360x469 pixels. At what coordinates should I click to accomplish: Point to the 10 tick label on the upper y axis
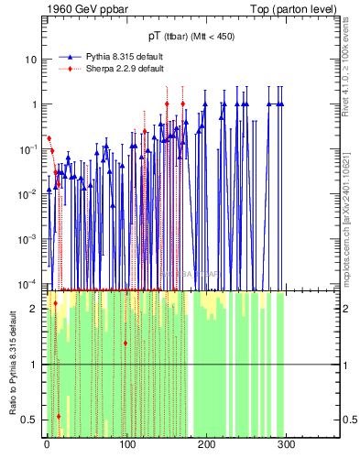tap(30, 60)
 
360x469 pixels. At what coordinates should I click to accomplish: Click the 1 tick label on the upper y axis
tap(33, 104)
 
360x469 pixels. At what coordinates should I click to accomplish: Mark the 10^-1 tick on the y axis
tap(28, 148)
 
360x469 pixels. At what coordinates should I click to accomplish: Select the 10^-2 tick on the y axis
tap(28, 193)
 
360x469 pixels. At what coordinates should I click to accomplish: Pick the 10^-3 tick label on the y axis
tap(28, 238)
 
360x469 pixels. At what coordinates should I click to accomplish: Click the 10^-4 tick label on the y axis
tap(28, 282)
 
